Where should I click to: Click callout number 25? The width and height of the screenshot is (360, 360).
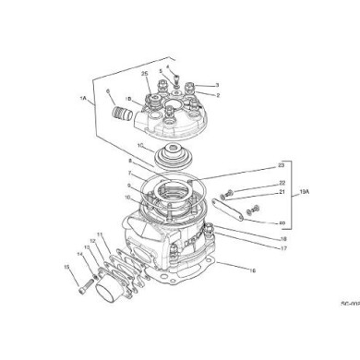pos(145,73)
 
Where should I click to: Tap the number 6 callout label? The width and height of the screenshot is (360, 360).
pos(107,90)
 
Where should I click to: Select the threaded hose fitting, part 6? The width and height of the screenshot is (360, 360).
pos(118,118)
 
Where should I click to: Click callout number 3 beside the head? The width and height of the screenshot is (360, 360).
pos(216,85)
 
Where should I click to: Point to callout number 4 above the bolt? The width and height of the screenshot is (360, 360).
pos(167,66)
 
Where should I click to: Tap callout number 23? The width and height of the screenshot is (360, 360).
pos(280,165)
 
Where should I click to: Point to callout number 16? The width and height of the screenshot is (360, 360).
pos(254,270)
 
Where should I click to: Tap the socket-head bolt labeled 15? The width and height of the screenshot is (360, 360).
pos(90,288)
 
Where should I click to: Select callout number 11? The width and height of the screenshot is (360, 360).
pos(100,235)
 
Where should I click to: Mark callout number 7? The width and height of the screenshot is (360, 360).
pos(130,174)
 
